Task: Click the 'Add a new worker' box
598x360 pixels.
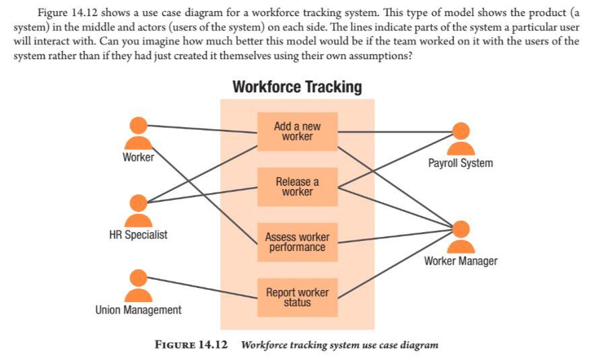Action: [x=297, y=131]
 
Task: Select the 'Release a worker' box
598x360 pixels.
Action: [x=297, y=186]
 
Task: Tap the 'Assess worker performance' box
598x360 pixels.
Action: [x=297, y=242]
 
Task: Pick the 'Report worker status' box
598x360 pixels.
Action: [x=297, y=297]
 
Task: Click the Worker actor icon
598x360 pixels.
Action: [x=139, y=133]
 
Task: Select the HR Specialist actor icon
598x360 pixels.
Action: [x=139, y=211]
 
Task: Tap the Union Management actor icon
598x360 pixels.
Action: [x=139, y=285]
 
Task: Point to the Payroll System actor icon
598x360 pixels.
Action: [x=461, y=139]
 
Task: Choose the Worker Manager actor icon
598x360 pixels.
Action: [x=461, y=236]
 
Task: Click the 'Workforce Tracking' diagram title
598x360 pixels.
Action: [x=297, y=87]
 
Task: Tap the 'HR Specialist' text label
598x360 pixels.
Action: [x=138, y=235]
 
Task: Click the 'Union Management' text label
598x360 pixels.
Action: [x=138, y=310]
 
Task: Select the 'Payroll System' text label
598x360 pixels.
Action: [x=461, y=163]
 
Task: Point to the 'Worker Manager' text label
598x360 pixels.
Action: [x=461, y=260]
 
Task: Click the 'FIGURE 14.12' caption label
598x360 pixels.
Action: [x=191, y=345]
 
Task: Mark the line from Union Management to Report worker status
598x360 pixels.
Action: [x=202, y=287]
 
